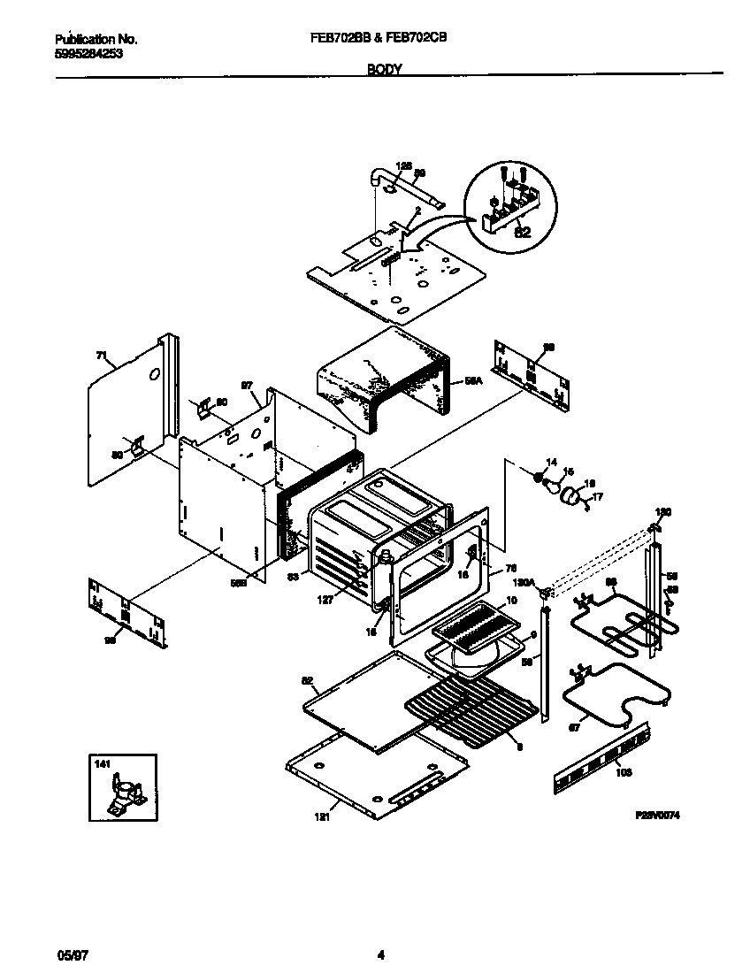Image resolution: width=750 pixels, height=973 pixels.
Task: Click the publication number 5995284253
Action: tap(88, 53)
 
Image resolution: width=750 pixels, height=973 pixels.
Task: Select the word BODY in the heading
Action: tap(384, 68)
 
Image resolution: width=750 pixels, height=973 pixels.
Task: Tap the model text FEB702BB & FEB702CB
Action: tap(383, 39)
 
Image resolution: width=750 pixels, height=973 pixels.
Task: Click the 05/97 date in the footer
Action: tap(68, 954)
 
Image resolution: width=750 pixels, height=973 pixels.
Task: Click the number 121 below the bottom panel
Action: tap(322, 817)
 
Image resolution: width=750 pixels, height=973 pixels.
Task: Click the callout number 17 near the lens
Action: tap(597, 497)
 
